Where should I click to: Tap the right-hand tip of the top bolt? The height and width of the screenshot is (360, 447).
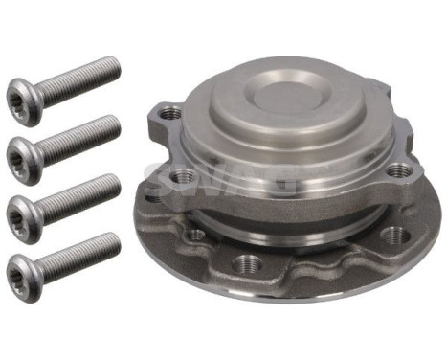pyautogui.click(x=118, y=64)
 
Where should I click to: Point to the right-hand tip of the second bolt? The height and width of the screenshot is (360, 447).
pyautogui.click(x=118, y=123)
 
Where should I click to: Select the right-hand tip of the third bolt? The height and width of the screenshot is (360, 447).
pyautogui.click(x=118, y=180)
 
